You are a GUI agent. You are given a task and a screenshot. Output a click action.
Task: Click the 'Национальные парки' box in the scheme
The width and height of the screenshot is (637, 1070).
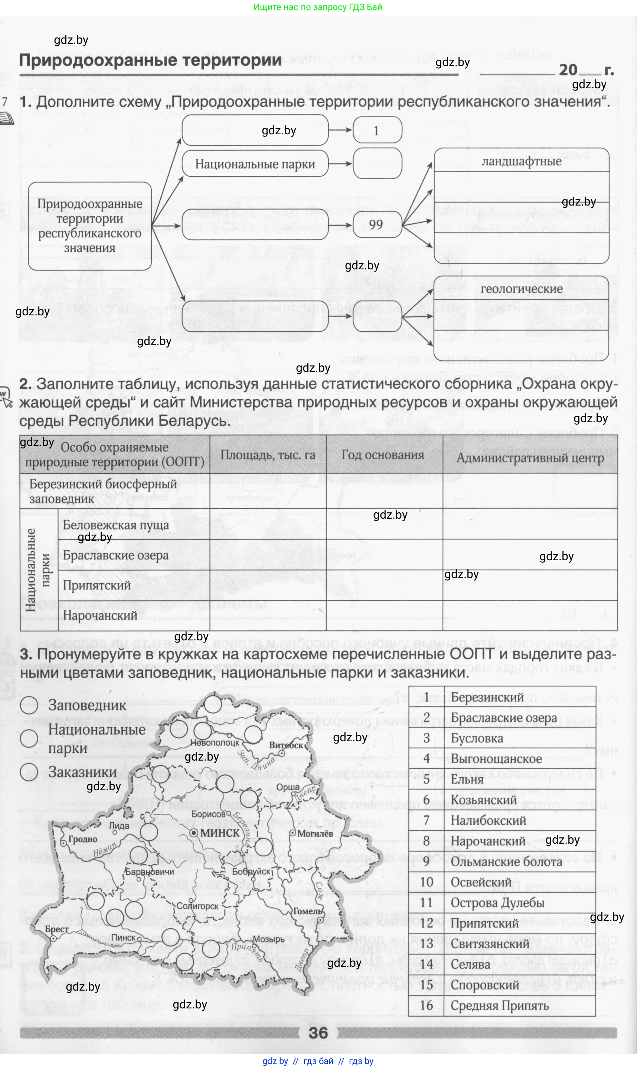point(255,164)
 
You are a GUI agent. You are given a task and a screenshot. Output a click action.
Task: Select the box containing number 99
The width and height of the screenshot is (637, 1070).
point(376,224)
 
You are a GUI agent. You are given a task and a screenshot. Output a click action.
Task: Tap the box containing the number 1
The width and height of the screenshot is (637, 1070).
point(376,131)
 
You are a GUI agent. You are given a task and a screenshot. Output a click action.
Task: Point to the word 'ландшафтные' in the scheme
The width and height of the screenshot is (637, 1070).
point(521,161)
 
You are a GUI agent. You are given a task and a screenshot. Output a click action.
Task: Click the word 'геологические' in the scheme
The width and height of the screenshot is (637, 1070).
point(521,289)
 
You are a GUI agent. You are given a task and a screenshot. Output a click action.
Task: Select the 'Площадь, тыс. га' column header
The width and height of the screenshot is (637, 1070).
point(268,455)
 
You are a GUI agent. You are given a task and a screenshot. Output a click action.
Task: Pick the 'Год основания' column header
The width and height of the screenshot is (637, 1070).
point(382,455)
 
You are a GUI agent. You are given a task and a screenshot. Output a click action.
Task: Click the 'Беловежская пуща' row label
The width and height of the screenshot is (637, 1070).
point(115,525)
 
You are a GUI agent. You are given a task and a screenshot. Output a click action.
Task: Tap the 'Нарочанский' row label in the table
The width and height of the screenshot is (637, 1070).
point(100,616)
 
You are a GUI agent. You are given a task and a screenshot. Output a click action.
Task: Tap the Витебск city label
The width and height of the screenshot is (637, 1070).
point(286,746)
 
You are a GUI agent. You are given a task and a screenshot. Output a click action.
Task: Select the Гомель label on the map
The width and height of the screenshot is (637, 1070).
point(307,911)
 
